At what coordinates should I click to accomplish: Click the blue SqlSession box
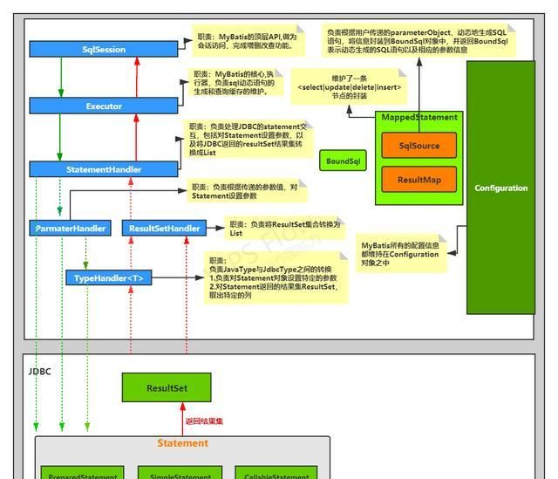104,51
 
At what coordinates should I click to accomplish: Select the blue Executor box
104,106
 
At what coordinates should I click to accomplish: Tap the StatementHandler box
104,169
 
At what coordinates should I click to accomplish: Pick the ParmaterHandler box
71,229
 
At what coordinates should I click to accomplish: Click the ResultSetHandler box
164,229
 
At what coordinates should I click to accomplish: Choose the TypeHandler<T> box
109,278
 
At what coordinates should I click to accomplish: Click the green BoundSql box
343,161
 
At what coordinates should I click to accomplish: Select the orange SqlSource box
418,146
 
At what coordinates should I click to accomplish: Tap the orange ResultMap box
418,180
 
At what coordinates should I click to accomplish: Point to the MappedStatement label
419,117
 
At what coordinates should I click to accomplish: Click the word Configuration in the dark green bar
500,188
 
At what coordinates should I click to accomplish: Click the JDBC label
40,371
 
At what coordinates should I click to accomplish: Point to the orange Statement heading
182,443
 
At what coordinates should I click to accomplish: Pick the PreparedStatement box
83,474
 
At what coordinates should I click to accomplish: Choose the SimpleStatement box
180,474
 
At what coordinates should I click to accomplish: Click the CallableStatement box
277,474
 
